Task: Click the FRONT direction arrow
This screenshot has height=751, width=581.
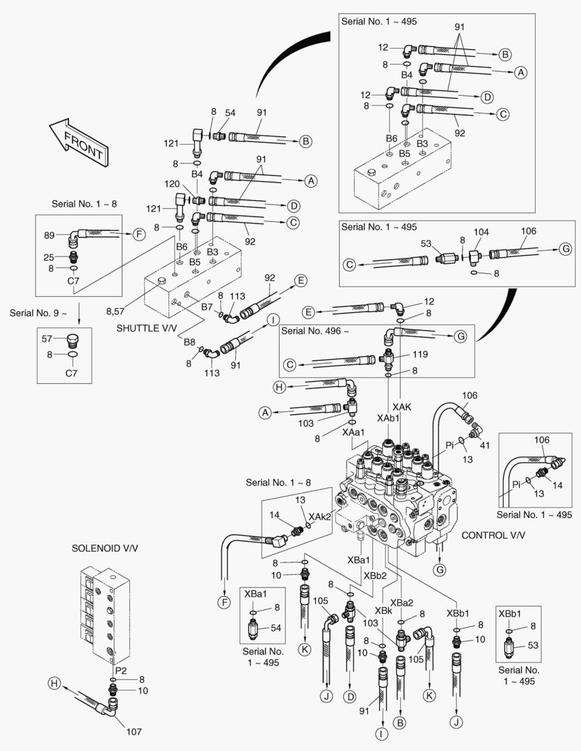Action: (79, 143)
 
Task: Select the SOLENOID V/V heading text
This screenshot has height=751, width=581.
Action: (105, 548)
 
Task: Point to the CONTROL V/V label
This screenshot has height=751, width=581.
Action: (493, 535)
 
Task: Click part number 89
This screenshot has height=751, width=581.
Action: (49, 235)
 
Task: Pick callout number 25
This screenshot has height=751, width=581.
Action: (49, 257)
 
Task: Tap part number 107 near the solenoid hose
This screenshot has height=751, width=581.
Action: (134, 732)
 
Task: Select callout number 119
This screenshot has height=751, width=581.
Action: (420, 355)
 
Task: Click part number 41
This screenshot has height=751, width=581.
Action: (485, 445)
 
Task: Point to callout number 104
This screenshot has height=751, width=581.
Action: (481, 232)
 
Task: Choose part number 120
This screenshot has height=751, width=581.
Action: (172, 184)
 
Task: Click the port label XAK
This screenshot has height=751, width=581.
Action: (401, 407)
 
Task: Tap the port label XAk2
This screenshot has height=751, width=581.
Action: (319, 517)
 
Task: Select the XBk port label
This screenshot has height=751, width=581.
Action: (383, 611)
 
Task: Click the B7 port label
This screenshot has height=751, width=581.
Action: (207, 307)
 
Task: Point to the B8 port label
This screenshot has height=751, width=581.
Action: (190, 342)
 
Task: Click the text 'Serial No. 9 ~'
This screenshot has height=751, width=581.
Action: (38, 313)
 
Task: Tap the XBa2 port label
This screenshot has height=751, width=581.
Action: (401, 602)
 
